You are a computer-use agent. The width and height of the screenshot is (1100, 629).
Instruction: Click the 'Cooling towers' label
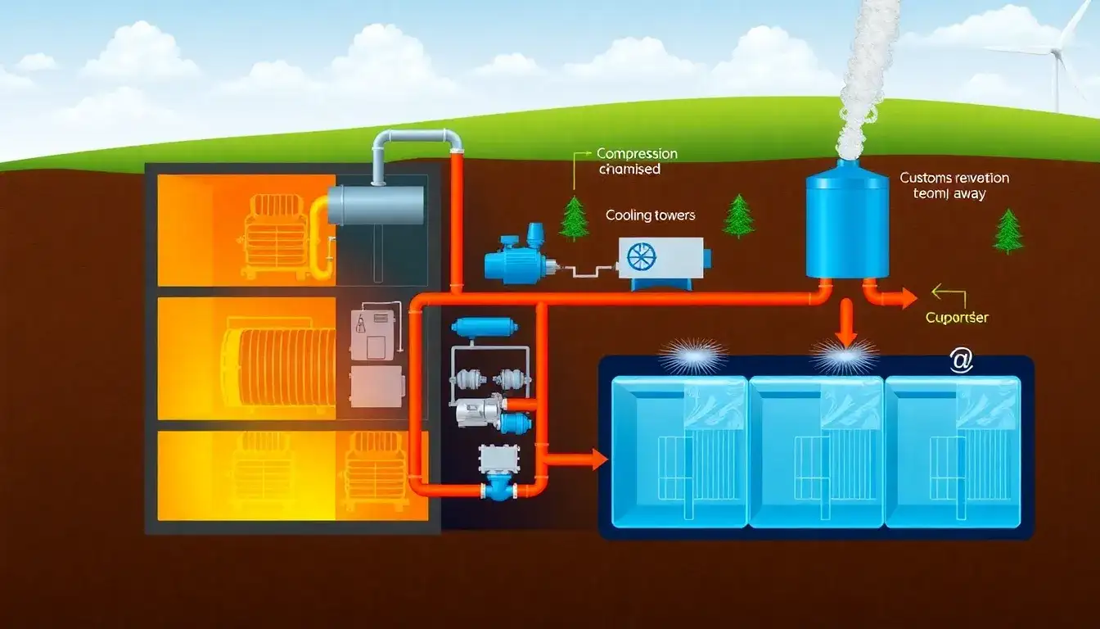(x=650, y=215)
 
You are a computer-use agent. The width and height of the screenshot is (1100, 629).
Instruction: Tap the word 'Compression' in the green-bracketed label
(x=637, y=153)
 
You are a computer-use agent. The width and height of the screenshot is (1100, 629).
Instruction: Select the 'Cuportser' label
(x=957, y=317)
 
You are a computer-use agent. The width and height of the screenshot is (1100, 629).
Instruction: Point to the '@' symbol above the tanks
(x=960, y=361)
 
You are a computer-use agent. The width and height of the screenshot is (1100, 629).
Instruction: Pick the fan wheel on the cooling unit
(x=641, y=256)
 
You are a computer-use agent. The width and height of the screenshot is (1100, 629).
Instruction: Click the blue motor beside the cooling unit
(x=516, y=257)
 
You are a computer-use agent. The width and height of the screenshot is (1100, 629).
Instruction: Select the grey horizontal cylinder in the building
(x=376, y=205)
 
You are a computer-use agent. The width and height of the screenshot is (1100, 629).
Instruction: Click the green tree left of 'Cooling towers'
(x=575, y=219)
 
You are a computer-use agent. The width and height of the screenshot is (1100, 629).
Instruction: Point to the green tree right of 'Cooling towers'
(x=738, y=216)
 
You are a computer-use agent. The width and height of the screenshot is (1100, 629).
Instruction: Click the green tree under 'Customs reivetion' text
(x=1008, y=232)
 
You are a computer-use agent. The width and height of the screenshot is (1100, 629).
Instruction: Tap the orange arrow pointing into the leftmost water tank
(x=578, y=460)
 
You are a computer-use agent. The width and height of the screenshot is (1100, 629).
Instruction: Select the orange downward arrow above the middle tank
(x=846, y=323)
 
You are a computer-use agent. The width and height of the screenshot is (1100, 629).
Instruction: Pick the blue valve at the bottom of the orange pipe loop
(x=498, y=488)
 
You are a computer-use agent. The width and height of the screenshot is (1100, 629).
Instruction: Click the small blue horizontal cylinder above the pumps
(x=484, y=328)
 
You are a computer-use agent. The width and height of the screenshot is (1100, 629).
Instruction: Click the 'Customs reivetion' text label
(x=953, y=186)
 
